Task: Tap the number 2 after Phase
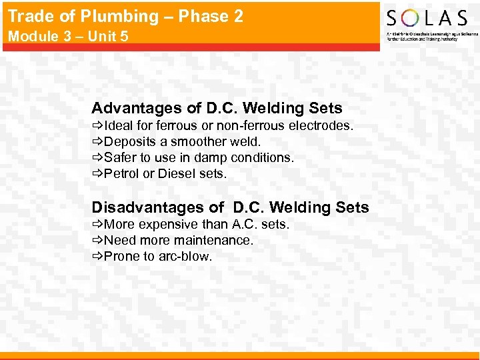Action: tap(238, 17)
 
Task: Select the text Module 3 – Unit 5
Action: tap(67, 36)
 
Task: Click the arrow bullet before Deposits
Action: tap(97, 141)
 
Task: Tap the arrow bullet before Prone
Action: tap(97, 256)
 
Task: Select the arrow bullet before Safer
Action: tap(97, 157)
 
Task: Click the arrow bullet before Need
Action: tap(97, 240)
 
